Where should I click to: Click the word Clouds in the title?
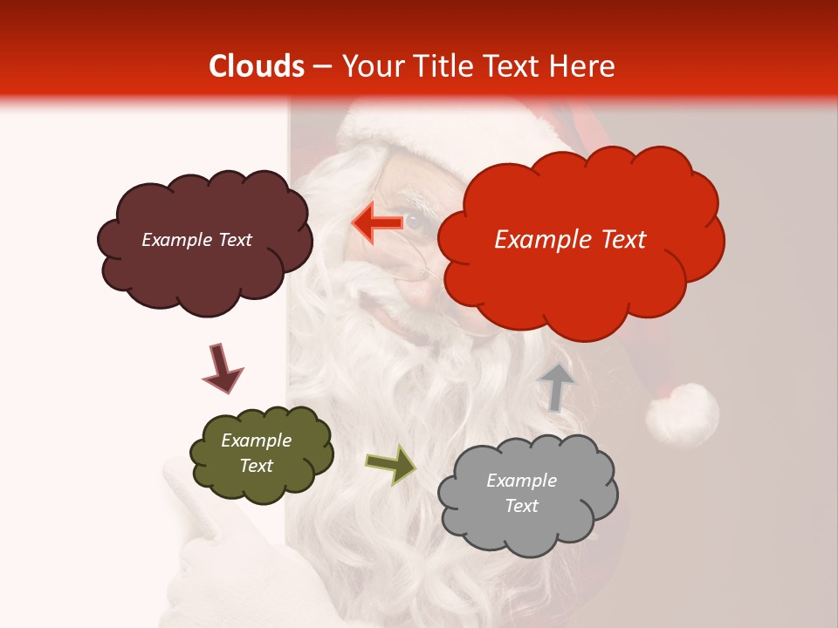[x=257, y=66]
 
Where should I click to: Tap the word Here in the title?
[x=584, y=66]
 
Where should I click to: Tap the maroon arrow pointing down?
[x=222, y=367]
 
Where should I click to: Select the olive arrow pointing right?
[x=390, y=465]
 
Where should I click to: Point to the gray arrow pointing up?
[x=555, y=386]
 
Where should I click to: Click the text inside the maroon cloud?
[x=196, y=240]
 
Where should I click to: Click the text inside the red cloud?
[x=570, y=240]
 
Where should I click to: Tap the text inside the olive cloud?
[x=257, y=453]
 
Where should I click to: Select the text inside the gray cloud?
[x=521, y=493]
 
